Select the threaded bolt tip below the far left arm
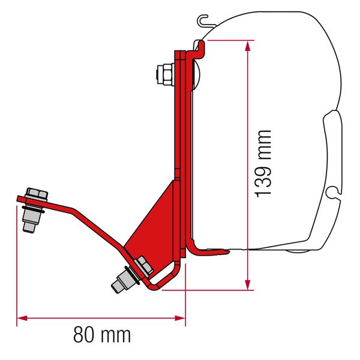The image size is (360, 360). coord(28,226)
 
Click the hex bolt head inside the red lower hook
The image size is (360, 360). coord(144,264)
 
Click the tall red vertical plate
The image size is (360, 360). coord(179,120)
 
